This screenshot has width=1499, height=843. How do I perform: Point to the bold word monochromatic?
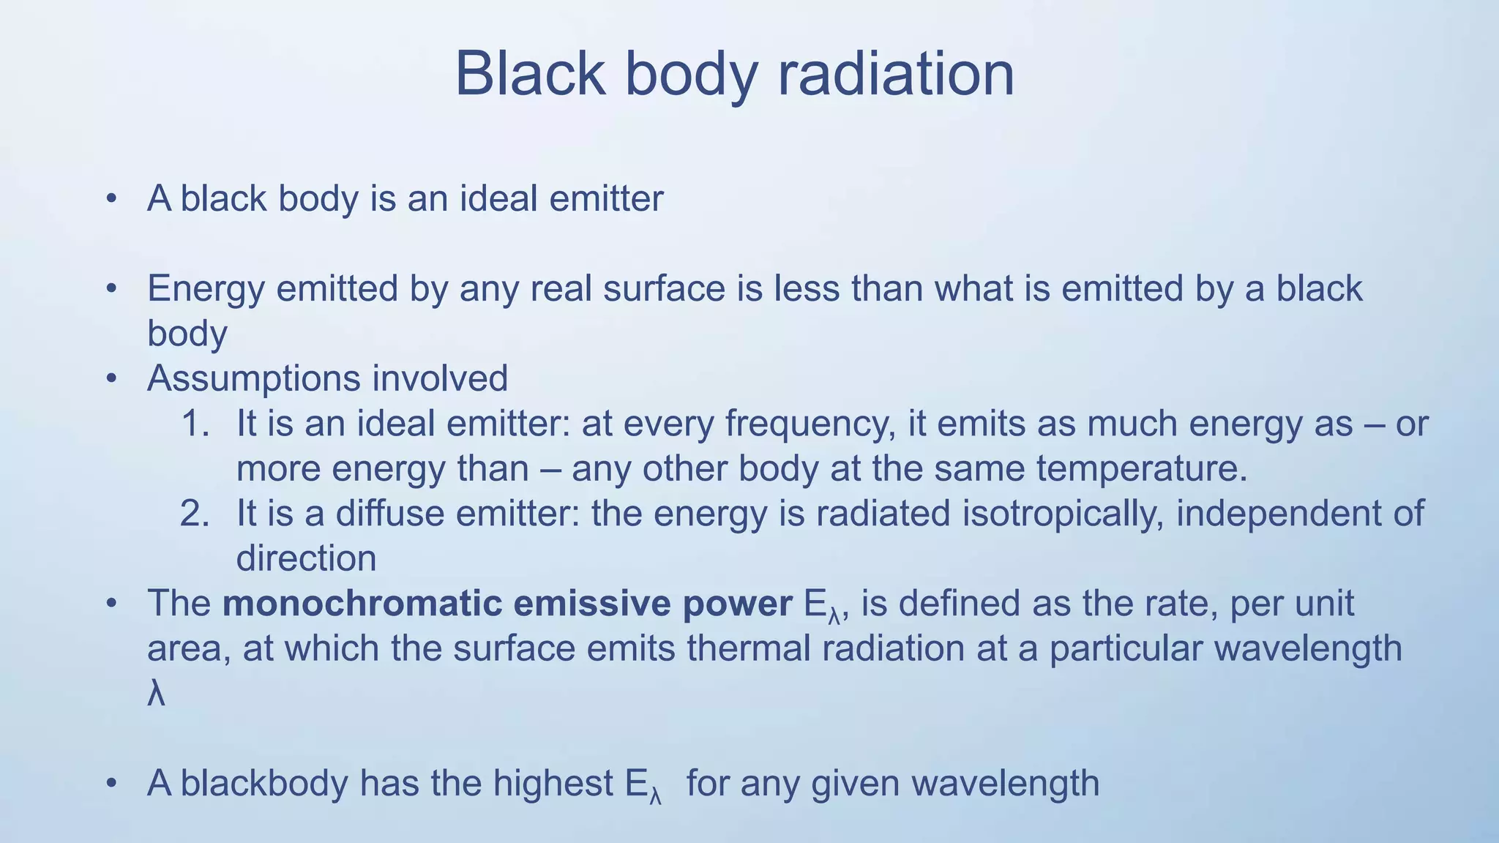tap(363, 604)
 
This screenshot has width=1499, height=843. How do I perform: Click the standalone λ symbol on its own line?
tap(156, 694)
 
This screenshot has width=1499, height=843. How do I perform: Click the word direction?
tap(306, 559)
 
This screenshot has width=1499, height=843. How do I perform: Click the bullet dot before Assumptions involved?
tap(111, 379)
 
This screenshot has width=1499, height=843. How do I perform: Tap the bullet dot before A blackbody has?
tap(111, 784)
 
